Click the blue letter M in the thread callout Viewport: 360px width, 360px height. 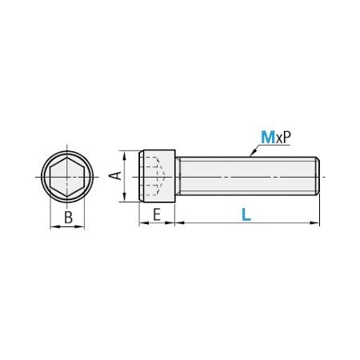268,137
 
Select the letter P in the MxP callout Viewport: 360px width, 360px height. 286,138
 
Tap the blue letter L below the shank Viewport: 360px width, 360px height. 246,214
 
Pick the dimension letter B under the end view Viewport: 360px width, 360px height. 68,218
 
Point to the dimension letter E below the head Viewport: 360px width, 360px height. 157,214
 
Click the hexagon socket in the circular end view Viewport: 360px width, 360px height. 67,177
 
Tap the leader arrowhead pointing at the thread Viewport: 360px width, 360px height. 253,153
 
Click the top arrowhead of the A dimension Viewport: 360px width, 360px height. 124,155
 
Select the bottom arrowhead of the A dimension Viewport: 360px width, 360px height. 124,197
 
